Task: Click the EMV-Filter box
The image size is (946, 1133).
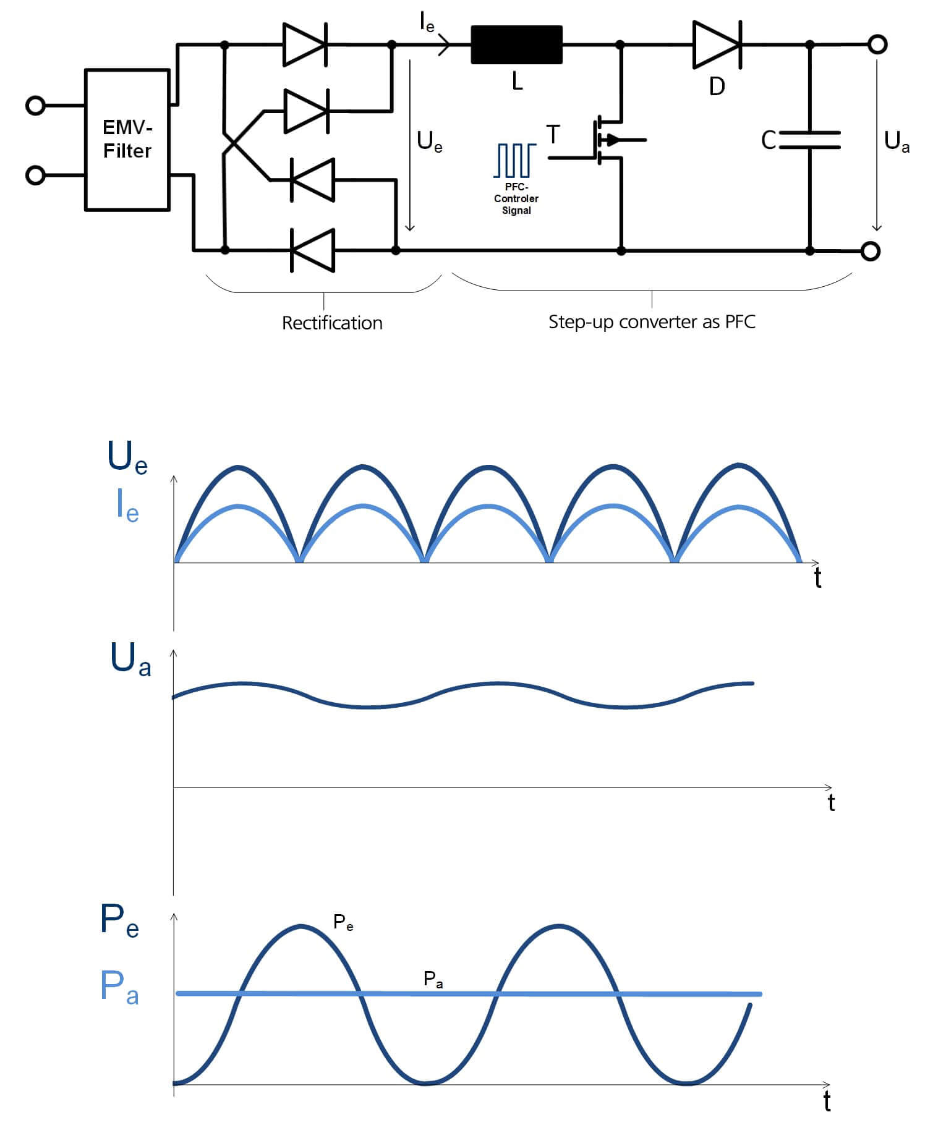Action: (x=127, y=140)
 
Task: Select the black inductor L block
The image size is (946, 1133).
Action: (x=517, y=45)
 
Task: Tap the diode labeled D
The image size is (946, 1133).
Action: (x=717, y=44)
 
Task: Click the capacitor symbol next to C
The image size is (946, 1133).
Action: (x=810, y=140)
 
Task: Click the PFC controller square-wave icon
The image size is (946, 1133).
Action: (x=515, y=160)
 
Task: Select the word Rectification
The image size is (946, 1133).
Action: (x=332, y=323)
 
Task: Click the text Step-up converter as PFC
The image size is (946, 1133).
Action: (x=652, y=322)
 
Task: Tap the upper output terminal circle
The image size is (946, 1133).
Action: (x=877, y=45)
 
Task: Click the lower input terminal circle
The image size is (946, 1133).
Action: (x=35, y=176)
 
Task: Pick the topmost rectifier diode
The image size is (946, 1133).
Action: (x=305, y=44)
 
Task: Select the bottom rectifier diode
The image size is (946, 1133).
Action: (x=312, y=250)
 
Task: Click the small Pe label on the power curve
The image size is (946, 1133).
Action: (x=343, y=922)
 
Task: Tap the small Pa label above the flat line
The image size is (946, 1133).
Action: (x=433, y=979)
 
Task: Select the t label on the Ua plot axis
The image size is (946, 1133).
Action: (x=831, y=802)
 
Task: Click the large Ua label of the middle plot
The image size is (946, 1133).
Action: (x=130, y=659)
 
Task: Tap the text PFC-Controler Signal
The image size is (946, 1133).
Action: (x=516, y=198)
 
